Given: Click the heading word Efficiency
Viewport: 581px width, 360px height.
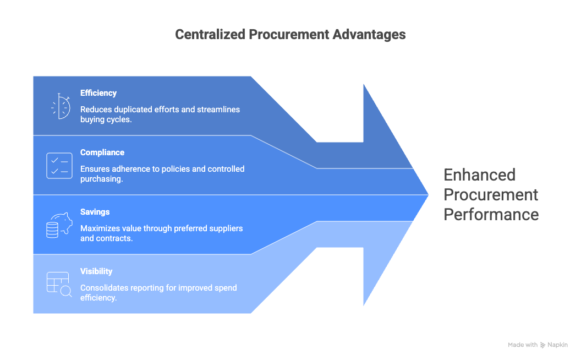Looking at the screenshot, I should point(98,93).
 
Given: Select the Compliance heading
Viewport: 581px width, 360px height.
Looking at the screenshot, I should point(102,152).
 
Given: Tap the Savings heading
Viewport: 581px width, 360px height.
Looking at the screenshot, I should point(95,212).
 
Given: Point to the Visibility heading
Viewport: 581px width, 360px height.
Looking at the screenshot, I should point(96,271).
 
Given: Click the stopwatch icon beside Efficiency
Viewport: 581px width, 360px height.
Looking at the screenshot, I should point(60,106).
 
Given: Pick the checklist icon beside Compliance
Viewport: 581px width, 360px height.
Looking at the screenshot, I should point(59,166).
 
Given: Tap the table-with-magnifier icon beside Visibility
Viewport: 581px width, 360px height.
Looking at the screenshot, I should point(59,285).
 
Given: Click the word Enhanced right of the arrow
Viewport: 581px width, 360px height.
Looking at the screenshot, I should point(480,175).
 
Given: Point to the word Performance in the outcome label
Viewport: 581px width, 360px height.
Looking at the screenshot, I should point(491,214).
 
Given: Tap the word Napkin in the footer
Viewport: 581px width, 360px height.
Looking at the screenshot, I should point(557,345).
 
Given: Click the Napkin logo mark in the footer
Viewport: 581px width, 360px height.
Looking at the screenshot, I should point(543,345).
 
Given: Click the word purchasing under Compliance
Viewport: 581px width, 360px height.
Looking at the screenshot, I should point(101,179).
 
